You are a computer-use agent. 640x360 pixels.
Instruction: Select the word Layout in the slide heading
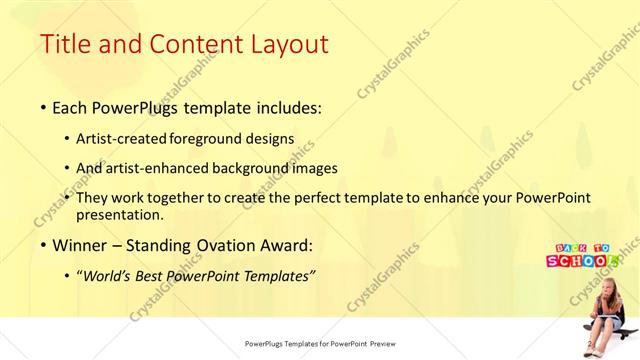284,44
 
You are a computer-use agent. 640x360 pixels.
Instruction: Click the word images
317,168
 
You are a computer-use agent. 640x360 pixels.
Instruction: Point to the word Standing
164,245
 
